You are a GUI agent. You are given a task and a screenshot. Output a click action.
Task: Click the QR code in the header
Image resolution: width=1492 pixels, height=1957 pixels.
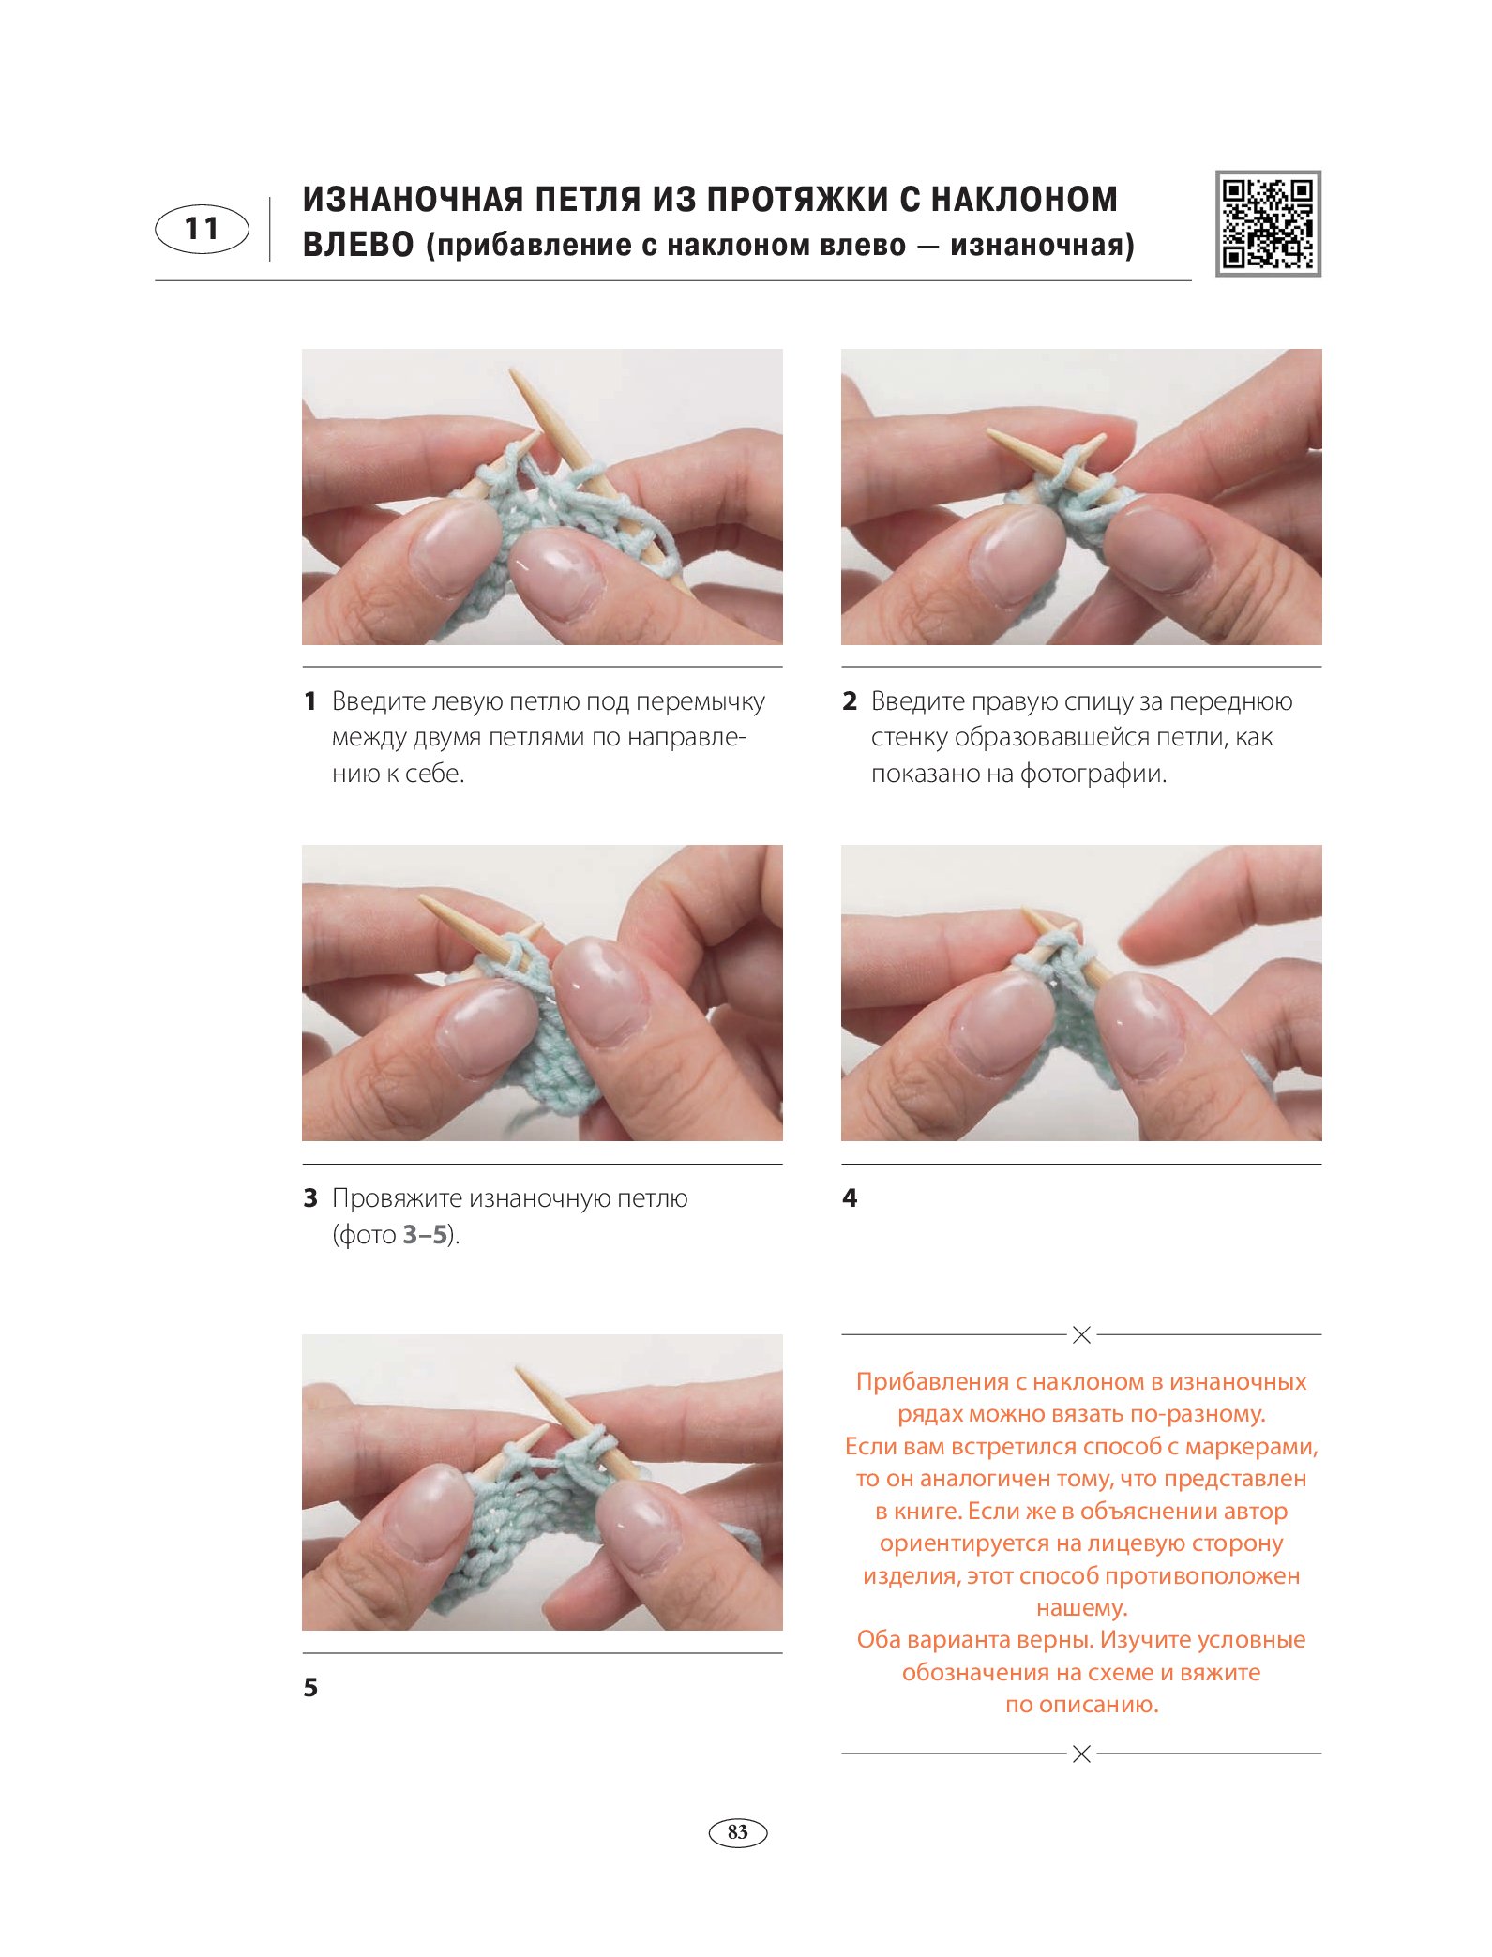pos(1268,223)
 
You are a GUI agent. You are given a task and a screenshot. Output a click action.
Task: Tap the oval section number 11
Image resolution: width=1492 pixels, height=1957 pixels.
pos(202,229)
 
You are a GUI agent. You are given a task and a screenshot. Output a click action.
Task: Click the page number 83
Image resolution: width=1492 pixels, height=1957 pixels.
pos(738,1832)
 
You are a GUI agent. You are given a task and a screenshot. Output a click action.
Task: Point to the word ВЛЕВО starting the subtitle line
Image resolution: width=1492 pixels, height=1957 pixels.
pos(358,245)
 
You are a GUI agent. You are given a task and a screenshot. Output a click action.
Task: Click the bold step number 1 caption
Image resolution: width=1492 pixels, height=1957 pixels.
pos(310,701)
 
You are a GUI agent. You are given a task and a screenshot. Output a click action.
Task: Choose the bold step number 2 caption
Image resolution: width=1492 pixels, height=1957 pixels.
pos(850,701)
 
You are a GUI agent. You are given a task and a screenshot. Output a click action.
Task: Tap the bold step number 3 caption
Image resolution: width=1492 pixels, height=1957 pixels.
pos(310,1198)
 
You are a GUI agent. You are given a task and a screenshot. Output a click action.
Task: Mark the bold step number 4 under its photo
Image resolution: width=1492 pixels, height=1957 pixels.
pos(850,1198)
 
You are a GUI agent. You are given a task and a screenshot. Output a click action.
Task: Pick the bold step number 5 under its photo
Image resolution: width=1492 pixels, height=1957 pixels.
pos(310,1688)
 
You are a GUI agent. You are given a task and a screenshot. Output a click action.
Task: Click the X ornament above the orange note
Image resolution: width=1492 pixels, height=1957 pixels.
pos(1081,1334)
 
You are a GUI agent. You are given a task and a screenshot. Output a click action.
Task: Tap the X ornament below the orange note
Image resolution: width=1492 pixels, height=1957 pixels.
pos(1081,1754)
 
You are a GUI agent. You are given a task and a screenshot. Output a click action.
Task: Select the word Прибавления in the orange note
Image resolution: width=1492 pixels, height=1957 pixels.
pos(931,1382)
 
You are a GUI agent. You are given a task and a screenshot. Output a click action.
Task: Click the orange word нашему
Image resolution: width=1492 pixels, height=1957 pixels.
pos(1081,1608)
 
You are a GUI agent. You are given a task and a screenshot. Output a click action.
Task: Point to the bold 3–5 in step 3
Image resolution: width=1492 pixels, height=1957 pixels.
pos(425,1235)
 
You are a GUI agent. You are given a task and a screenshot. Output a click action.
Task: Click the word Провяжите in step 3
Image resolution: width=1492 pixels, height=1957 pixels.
pos(397,1199)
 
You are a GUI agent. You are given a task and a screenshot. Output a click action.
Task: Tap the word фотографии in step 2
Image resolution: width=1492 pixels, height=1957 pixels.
pos(1093,775)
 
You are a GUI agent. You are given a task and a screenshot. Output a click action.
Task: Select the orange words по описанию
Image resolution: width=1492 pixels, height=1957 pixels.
pos(1081,1705)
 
